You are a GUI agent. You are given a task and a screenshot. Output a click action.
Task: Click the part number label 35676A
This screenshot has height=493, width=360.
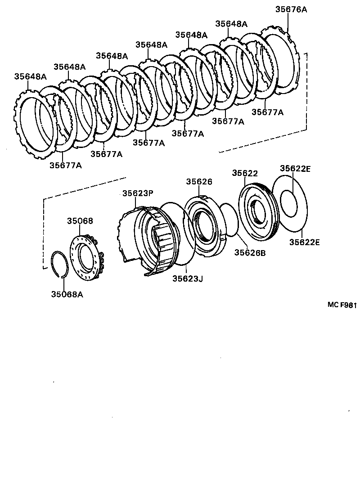(291, 9)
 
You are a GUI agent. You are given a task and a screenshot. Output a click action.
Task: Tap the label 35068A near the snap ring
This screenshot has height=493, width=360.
(67, 295)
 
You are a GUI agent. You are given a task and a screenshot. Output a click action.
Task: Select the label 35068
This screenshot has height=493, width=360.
(80, 221)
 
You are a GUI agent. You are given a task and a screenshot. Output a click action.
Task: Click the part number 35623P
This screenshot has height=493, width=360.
(138, 193)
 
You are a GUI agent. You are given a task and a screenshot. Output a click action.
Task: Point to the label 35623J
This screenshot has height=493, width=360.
(188, 279)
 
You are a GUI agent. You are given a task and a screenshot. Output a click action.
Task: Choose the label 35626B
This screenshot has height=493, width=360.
(250, 253)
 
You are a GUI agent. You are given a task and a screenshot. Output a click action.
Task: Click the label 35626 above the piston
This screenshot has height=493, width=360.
(199, 182)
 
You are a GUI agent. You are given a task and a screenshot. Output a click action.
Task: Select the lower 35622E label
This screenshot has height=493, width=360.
(304, 242)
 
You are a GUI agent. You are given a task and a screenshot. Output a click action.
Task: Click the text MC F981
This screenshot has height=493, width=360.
(342, 305)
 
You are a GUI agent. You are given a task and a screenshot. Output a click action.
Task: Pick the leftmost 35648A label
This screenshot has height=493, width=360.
(30, 76)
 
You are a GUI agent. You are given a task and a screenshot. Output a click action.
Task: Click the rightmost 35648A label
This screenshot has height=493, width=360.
(231, 24)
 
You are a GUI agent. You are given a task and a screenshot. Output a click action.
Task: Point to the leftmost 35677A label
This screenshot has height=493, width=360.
(66, 166)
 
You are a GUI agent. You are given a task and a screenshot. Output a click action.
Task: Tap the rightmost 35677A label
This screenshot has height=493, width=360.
(267, 112)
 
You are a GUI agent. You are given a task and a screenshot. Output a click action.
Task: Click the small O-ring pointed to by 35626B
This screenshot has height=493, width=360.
(229, 220)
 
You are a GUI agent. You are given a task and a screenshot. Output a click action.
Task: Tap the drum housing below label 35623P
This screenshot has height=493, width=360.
(148, 238)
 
